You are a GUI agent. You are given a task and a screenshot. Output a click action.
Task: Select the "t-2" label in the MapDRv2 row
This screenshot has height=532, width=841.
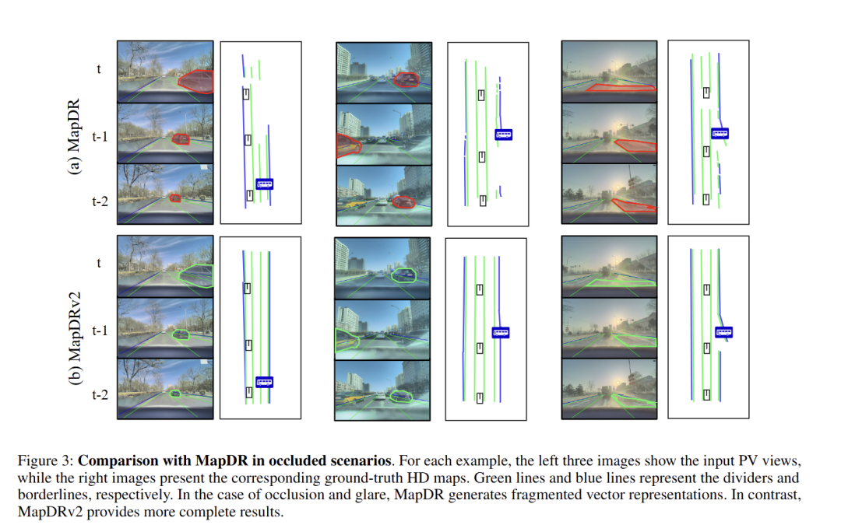click(x=99, y=395)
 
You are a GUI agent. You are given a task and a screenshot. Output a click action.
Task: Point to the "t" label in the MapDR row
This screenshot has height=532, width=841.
click(x=99, y=68)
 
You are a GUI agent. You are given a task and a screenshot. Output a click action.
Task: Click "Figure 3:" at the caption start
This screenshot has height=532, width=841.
click(x=45, y=460)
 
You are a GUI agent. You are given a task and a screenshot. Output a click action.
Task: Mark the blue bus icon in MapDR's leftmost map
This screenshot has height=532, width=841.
click(x=265, y=184)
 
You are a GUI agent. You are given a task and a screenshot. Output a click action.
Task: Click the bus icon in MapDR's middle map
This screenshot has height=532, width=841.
click(x=504, y=135)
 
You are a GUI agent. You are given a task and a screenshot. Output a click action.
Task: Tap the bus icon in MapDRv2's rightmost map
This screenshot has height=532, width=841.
click(x=724, y=332)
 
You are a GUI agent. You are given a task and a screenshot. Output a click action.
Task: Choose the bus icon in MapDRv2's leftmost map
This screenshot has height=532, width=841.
click(x=265, y=382)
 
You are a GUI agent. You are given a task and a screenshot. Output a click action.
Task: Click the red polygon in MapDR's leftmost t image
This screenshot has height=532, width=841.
click(x=195, y=81)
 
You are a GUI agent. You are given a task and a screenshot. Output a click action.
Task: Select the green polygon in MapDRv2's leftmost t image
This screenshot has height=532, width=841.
click(x=195, y=275)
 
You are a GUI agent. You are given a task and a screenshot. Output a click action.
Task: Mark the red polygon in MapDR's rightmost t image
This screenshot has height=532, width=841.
click(x=621, y=87)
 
